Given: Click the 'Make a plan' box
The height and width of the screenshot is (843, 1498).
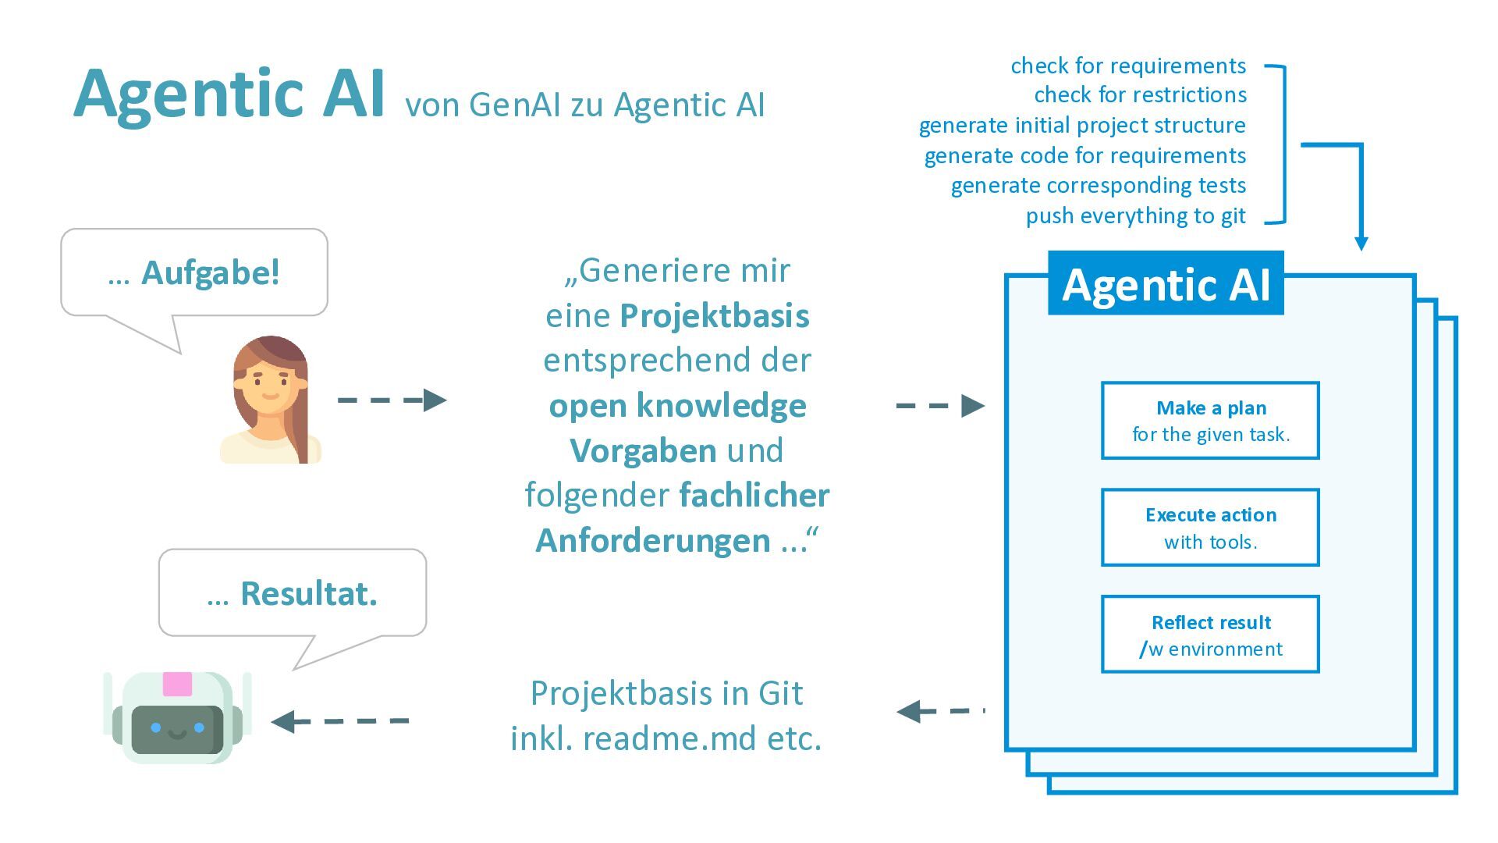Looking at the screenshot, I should (x=1210, y=421).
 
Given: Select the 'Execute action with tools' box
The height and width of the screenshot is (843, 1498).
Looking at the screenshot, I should (x=1210, y=528).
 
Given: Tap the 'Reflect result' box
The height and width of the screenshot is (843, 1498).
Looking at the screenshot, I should (x=1210, y=635).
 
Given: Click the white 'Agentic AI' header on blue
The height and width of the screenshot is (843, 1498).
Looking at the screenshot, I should (x=1166, y=284).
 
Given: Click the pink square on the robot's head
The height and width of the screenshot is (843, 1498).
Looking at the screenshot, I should (x=177, y=684).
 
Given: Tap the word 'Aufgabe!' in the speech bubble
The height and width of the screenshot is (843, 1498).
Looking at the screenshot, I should (x=211, y=273).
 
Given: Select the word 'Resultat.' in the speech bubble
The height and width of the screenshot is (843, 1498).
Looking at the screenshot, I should (x=309, y=594).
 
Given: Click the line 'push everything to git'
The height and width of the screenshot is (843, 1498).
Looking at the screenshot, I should (x=1135, y=215).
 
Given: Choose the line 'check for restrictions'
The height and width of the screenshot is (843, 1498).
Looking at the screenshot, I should (x=1140, y=95).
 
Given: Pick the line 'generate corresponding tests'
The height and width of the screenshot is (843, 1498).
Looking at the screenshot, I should (x=1098, y=186).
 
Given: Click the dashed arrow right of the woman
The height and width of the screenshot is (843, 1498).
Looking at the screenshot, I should (x=392, y=400).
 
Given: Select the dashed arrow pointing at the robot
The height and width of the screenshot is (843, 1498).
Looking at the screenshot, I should (x=340, y=721).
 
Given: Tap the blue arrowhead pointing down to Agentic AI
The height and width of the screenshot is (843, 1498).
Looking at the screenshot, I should (x=1361, y=244).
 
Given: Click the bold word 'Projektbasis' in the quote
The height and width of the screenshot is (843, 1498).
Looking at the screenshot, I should (x=715, y=316).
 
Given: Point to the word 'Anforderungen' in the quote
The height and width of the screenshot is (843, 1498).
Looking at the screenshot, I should (x=653, y=541).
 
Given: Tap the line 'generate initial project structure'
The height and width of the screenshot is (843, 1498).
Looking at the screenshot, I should (x=1082, y=126).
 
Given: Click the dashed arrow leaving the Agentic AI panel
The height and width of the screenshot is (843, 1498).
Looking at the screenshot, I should (x=939, y=711).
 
